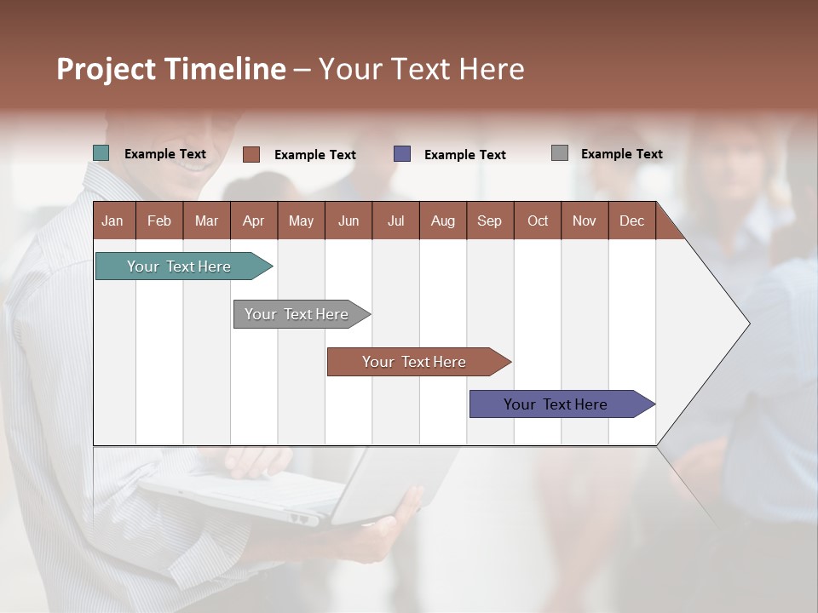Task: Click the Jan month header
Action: click(x=113, y=221)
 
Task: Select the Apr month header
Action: click(x=253, y=221)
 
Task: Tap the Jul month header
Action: click(x=395, y=221)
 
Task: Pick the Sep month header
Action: click(x=489, y=221)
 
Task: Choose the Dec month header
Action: click(x=631, y=221)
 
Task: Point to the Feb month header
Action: click(x=159, y=221)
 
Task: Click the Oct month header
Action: click(x=538, y=221)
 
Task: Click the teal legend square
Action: click(x=101, y=153)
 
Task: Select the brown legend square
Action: click(x=251, y=154)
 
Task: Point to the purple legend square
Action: click(x=402, y=154)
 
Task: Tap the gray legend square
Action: click(x=560, y=153)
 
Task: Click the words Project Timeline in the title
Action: click(x=170, y=69)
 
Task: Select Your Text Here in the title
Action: click(x=421, y=69)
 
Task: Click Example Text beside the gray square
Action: click(x=621, y=154)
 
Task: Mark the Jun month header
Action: click(x=349, y=221)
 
